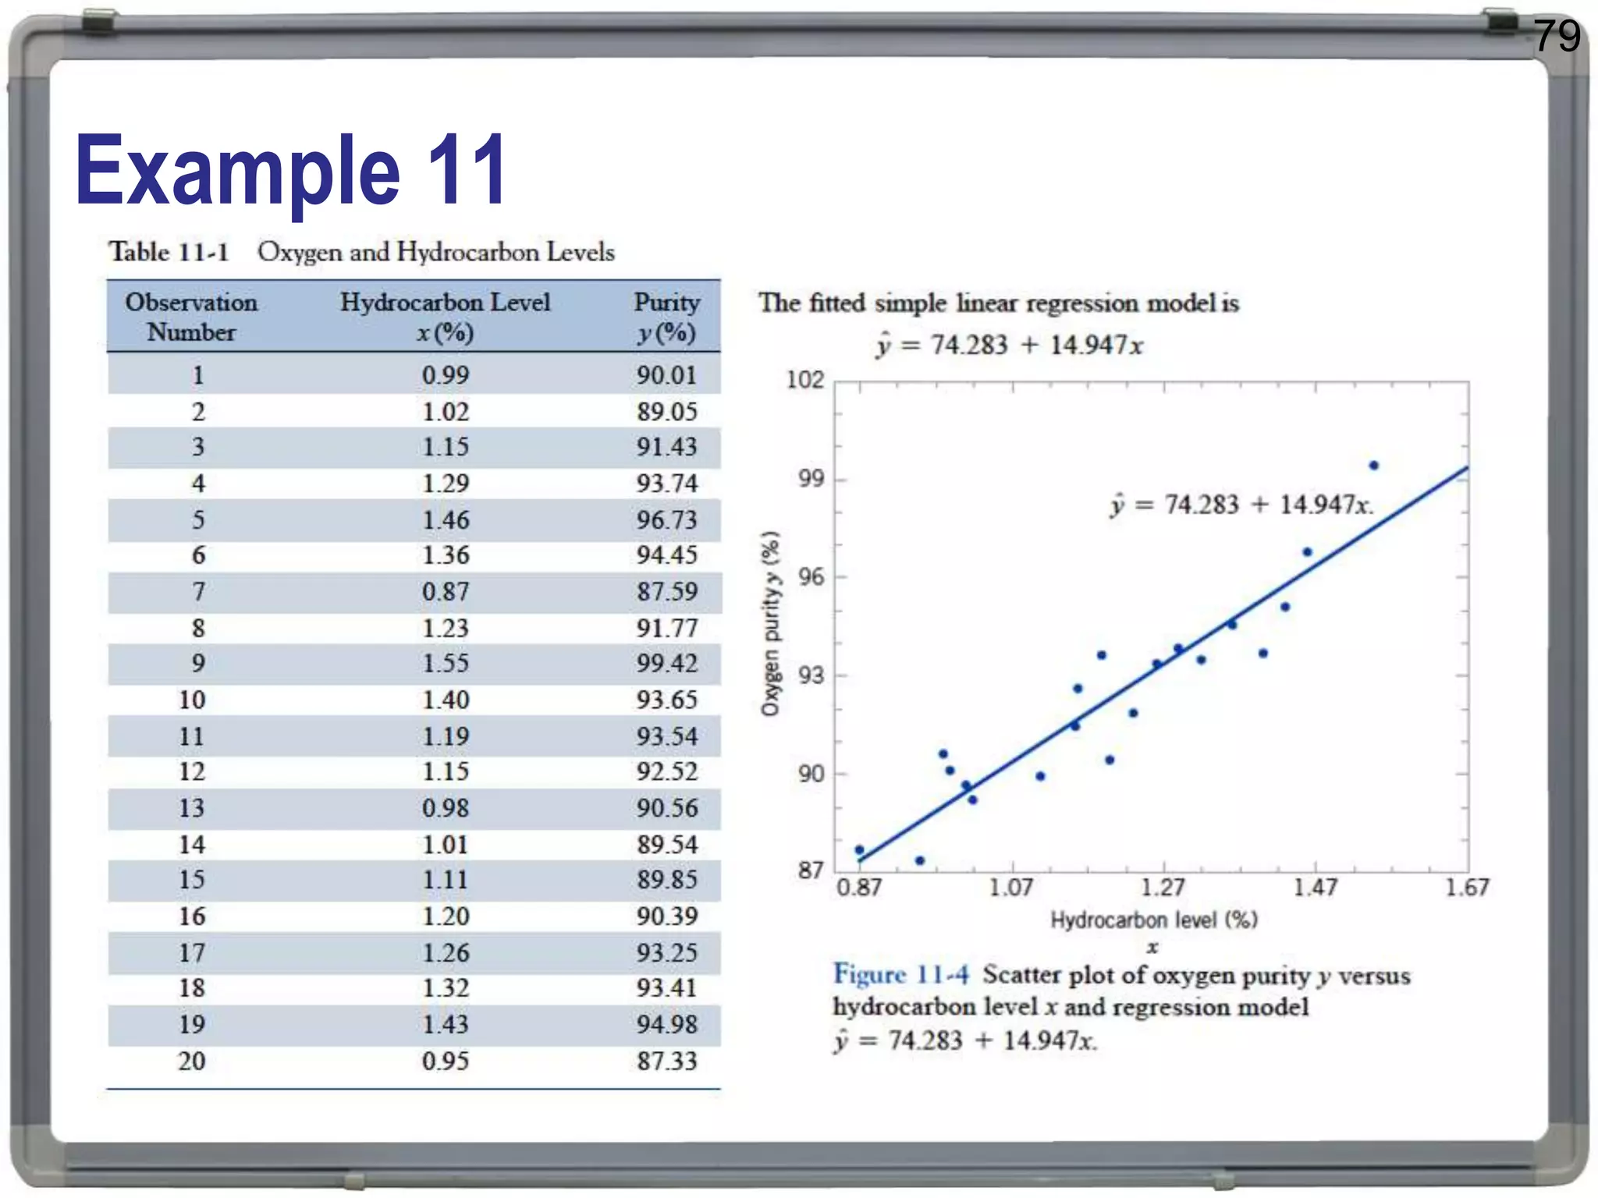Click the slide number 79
click(x=1557, y=36)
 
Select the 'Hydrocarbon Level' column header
click(x=445, y=303)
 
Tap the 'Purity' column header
click(x=666, y=303)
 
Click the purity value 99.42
click(x=666, y=664)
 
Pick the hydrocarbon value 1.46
click(x=446, y=520)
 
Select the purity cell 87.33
click(x=666, y=1062)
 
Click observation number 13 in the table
click(x=192, y=808)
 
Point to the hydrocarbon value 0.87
click(x=446, y=592)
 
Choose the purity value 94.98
click(x=666, y=1025)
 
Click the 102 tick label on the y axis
click(x=804, y=380)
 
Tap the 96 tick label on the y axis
click(x=811, y=577)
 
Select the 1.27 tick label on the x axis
click(x=1163, y=888)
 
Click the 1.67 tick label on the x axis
click(x=1467, y=888)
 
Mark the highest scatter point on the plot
click(x=1374, y=466)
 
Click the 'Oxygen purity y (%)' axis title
click(x=770, y=624)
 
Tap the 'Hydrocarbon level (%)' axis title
click(x=1153, y=920)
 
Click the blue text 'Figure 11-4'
click(x=900, y=975)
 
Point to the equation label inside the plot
click(x=1241, y=505)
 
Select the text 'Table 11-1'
click(x=169, y=253)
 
